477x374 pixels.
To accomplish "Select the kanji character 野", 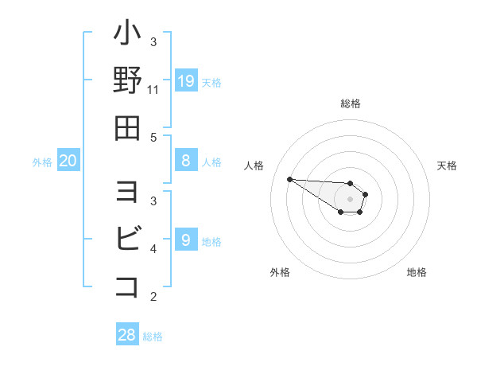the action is click(x=127, y=80).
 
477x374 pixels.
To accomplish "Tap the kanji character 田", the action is click(x=127, y=127).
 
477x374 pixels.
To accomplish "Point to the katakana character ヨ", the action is click(x=127, y=192).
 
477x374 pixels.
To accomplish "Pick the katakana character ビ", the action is click(x=127, y=239).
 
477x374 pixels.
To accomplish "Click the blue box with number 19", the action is click(x=186, y=80).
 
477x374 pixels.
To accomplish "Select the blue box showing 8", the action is click(x=186, y=161).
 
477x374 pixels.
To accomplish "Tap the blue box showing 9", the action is click(x=186, y=239).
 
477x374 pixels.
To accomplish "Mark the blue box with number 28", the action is click(x=127, y=335).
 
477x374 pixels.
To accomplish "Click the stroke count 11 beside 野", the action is click(x=153, y=90).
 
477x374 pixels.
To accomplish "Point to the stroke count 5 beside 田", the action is click(x=153, y=137).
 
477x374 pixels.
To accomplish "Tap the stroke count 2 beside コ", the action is click(x=153, y=297).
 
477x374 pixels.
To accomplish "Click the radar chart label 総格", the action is click(x=351, y=103).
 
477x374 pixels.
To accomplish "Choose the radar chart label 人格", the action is click(x=255, y=166).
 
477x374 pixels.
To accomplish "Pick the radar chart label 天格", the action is click(x=448, y=166).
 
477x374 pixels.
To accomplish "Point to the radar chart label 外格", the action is click(x=280, y=272).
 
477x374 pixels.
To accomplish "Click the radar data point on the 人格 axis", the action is click(x=289, y=179).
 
